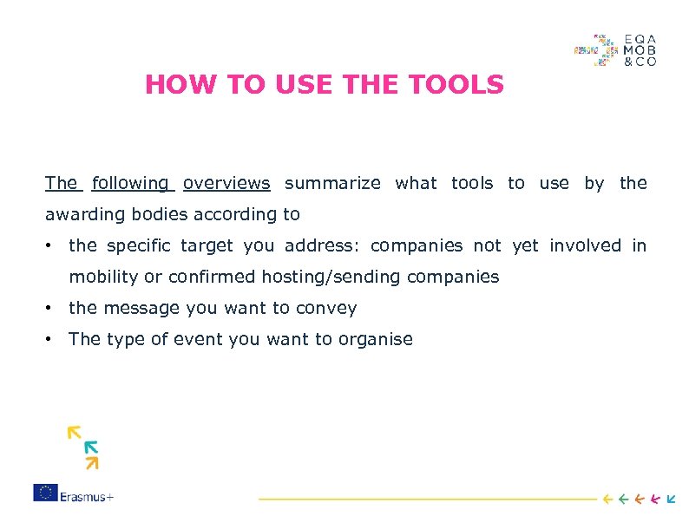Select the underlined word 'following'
(131, 183)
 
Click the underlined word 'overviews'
(226, 183)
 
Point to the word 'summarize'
(332, 183)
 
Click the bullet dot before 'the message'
(52, 308)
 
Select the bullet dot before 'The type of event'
(52, 339)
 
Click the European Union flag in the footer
(45, 493)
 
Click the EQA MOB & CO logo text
(640, 50)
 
